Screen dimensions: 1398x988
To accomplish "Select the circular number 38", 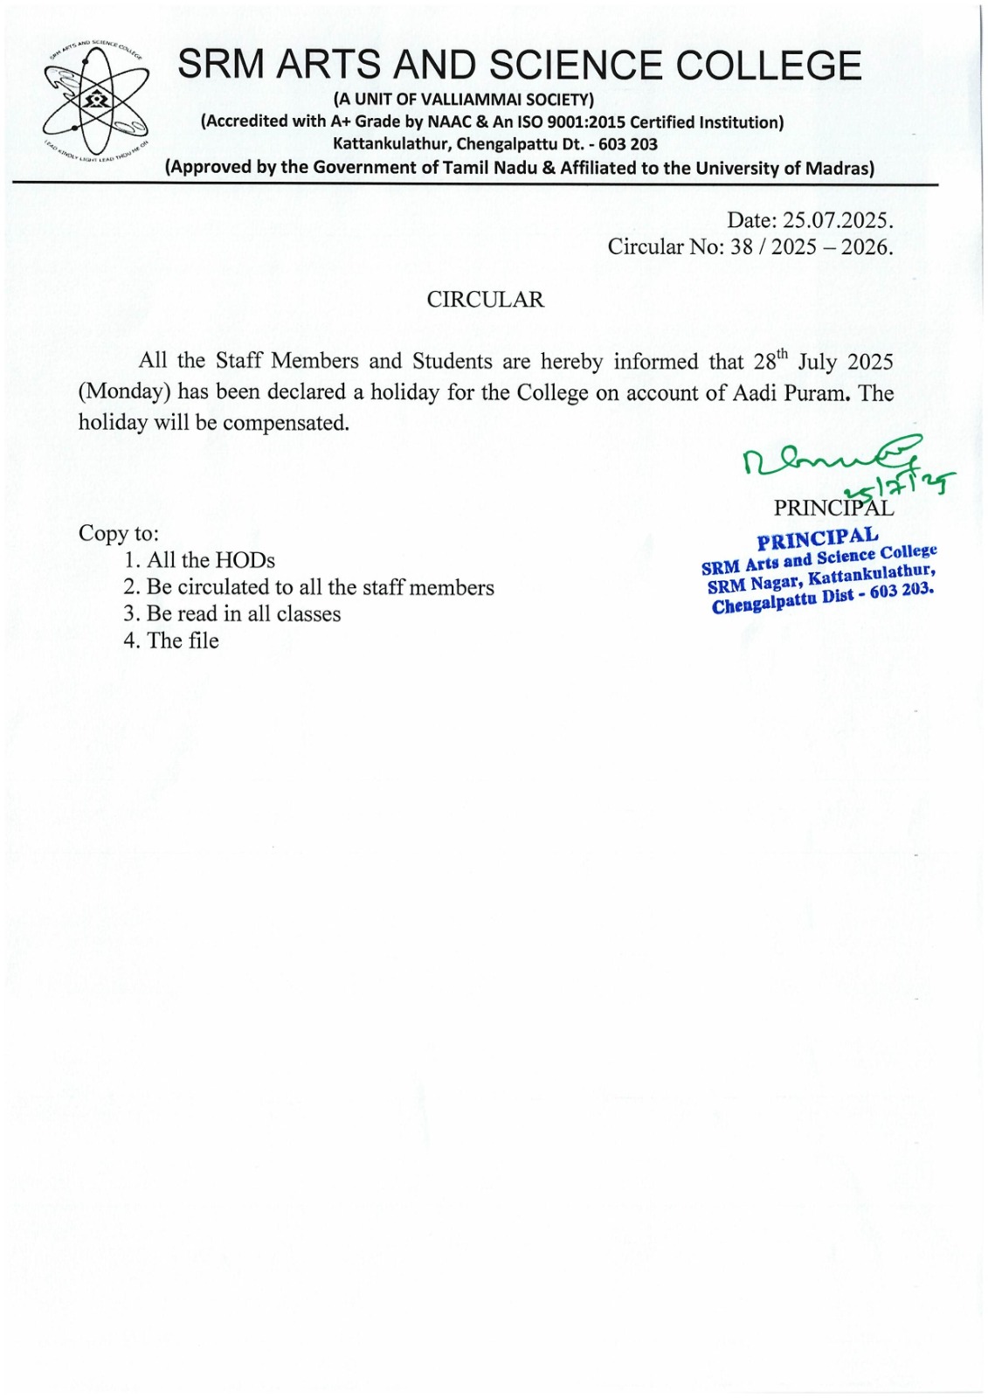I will [742, 247].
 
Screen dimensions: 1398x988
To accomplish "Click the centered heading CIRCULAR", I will [485, 300].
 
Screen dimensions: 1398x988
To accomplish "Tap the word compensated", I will [285, 423].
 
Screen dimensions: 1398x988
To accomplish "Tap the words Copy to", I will [119, 533].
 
